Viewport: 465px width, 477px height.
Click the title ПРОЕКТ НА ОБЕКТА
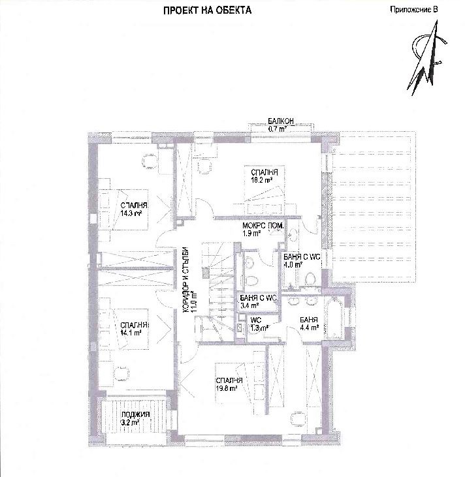[x=208, y=10]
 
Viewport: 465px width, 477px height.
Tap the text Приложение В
[x=414, y=9]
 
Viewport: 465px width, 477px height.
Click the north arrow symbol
[x=426, y=58]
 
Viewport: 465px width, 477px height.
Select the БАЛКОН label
[x=281, y=121]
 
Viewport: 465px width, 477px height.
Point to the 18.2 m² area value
[x=262, y=180]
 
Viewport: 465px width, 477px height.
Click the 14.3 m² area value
[x=131, y=213]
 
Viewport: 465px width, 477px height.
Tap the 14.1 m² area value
[x=131, y=333]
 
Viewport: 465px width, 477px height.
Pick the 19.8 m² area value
[x=227, y=388]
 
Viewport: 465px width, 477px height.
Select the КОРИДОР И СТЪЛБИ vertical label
[x=186, y=280]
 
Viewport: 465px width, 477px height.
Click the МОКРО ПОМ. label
[x=263, y=226]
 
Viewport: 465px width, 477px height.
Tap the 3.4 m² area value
[x=249, y=305]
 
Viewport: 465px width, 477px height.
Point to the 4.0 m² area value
[x=293, y=264]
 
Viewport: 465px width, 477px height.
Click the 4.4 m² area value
[x=310, y=328]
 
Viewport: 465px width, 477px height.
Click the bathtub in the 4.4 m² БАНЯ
[x=334, y=318]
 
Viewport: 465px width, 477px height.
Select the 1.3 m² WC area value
[x=259, y=328]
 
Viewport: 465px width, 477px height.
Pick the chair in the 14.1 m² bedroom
[x=122, y=374]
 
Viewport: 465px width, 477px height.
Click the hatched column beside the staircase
[x=206, y=273]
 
